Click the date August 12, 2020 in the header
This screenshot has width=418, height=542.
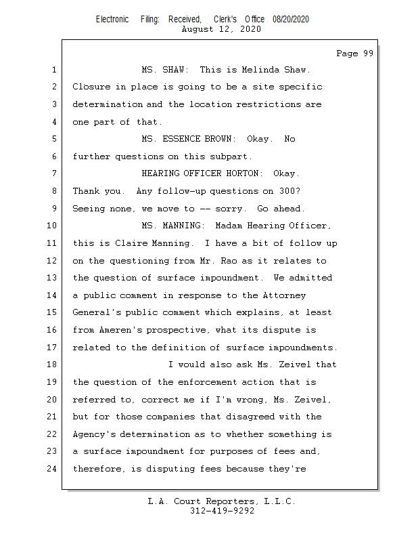tap(222, 30)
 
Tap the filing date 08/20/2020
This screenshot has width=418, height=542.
tap(291, 20)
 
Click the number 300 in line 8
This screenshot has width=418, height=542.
tap(294, 191)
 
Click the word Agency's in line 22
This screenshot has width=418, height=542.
tap(95, 434)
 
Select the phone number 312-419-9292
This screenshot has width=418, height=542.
tap(222, 511)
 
